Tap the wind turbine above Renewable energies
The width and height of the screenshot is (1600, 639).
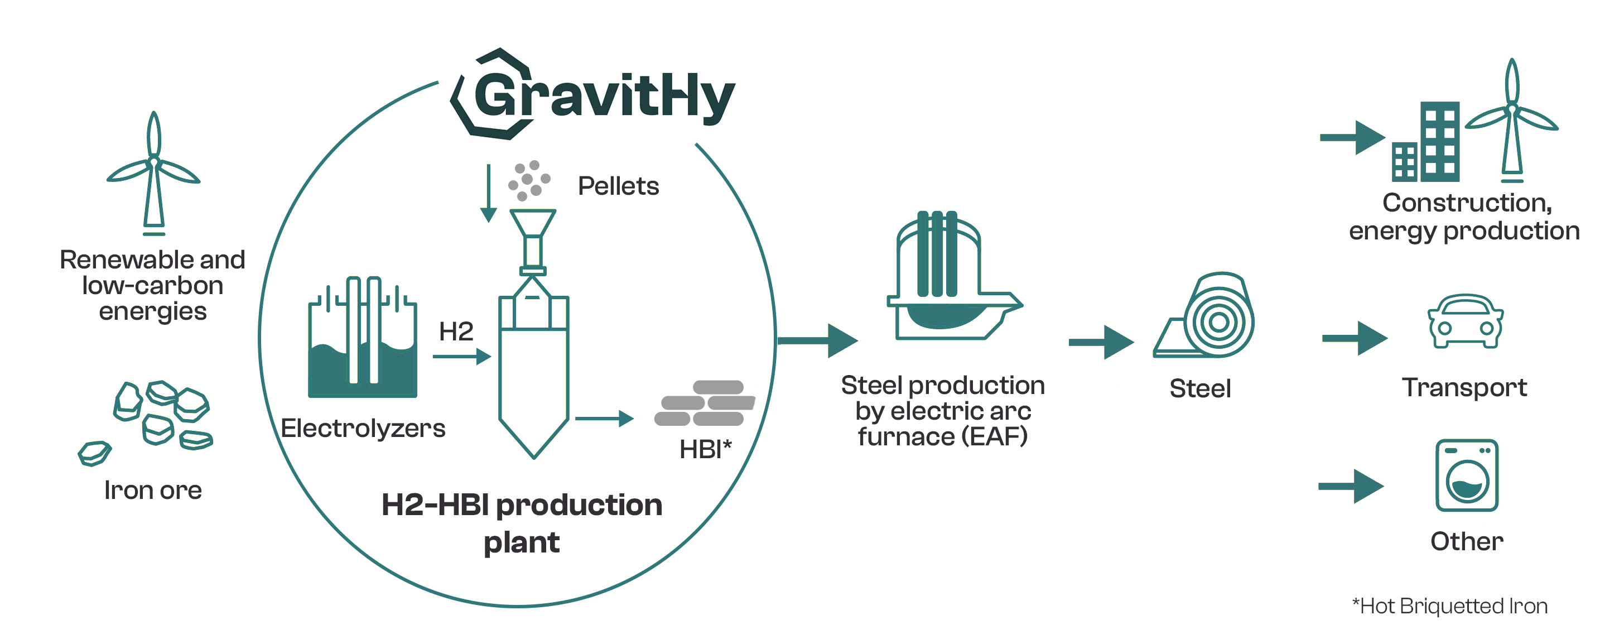pos(153,174)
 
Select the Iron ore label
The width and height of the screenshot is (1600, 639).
pos(153,491)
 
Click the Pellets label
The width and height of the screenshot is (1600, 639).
pos(618,186)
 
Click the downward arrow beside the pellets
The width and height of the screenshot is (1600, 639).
pos(489,193)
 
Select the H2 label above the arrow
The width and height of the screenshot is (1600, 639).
pos(456,331)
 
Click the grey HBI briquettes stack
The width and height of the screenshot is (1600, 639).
pos(705,403)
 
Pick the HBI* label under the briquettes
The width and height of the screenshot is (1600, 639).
pos(706,449)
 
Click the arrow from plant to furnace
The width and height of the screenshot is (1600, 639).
pos(818,340)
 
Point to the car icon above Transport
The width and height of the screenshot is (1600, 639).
pos(1465,321)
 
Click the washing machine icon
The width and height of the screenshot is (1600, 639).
pos(1467,475)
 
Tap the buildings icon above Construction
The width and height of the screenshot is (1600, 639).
pos(1425,142)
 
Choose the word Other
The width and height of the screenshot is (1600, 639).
pos(1467,541)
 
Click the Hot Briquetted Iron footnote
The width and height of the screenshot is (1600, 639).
pos(1450,606)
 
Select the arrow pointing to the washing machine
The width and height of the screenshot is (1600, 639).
pos(1351,486)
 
